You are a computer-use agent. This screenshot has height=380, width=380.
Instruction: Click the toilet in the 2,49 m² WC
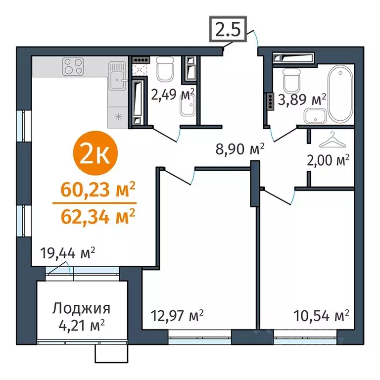tap(164, 69)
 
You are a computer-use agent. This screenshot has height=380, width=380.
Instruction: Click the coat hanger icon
tap(330, 141)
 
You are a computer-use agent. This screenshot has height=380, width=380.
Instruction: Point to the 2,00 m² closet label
tap(330, 161)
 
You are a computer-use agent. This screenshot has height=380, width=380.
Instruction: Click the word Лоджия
tap(81, 309)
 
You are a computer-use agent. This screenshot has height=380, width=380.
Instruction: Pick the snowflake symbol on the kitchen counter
tap(118, 117)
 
